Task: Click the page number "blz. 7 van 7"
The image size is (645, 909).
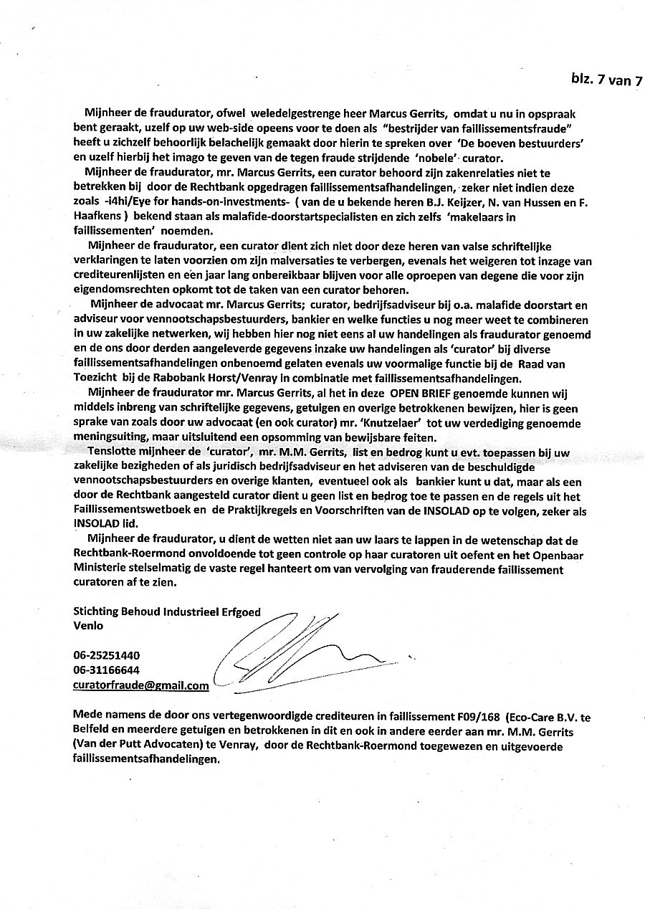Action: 606,80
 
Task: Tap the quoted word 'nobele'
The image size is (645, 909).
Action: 416,158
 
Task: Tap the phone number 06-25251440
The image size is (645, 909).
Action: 107,655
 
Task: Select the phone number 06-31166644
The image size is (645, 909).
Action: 107,670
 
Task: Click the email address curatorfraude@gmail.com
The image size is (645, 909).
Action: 141,685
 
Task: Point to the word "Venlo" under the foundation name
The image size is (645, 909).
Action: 88,624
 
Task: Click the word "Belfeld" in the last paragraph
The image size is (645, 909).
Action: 91,732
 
